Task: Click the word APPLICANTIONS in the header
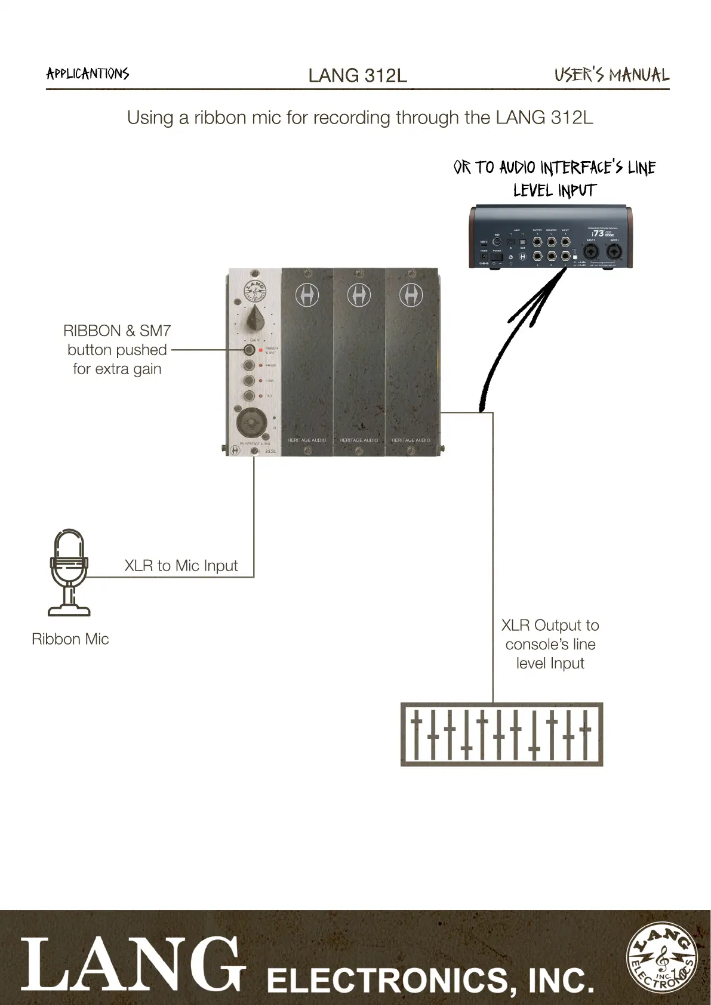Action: (88, 73)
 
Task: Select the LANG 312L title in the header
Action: (358, 75)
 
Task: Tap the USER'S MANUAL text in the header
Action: (611, 75)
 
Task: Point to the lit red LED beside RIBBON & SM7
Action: (261, 350)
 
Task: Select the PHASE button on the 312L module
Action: (249, 365)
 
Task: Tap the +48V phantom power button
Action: (249, 381)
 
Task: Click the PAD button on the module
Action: (249, 396)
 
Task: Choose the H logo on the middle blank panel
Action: (359, 295)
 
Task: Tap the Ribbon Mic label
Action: (70, 639)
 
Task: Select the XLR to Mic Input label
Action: (181, 566)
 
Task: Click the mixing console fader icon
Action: (501, 734)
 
